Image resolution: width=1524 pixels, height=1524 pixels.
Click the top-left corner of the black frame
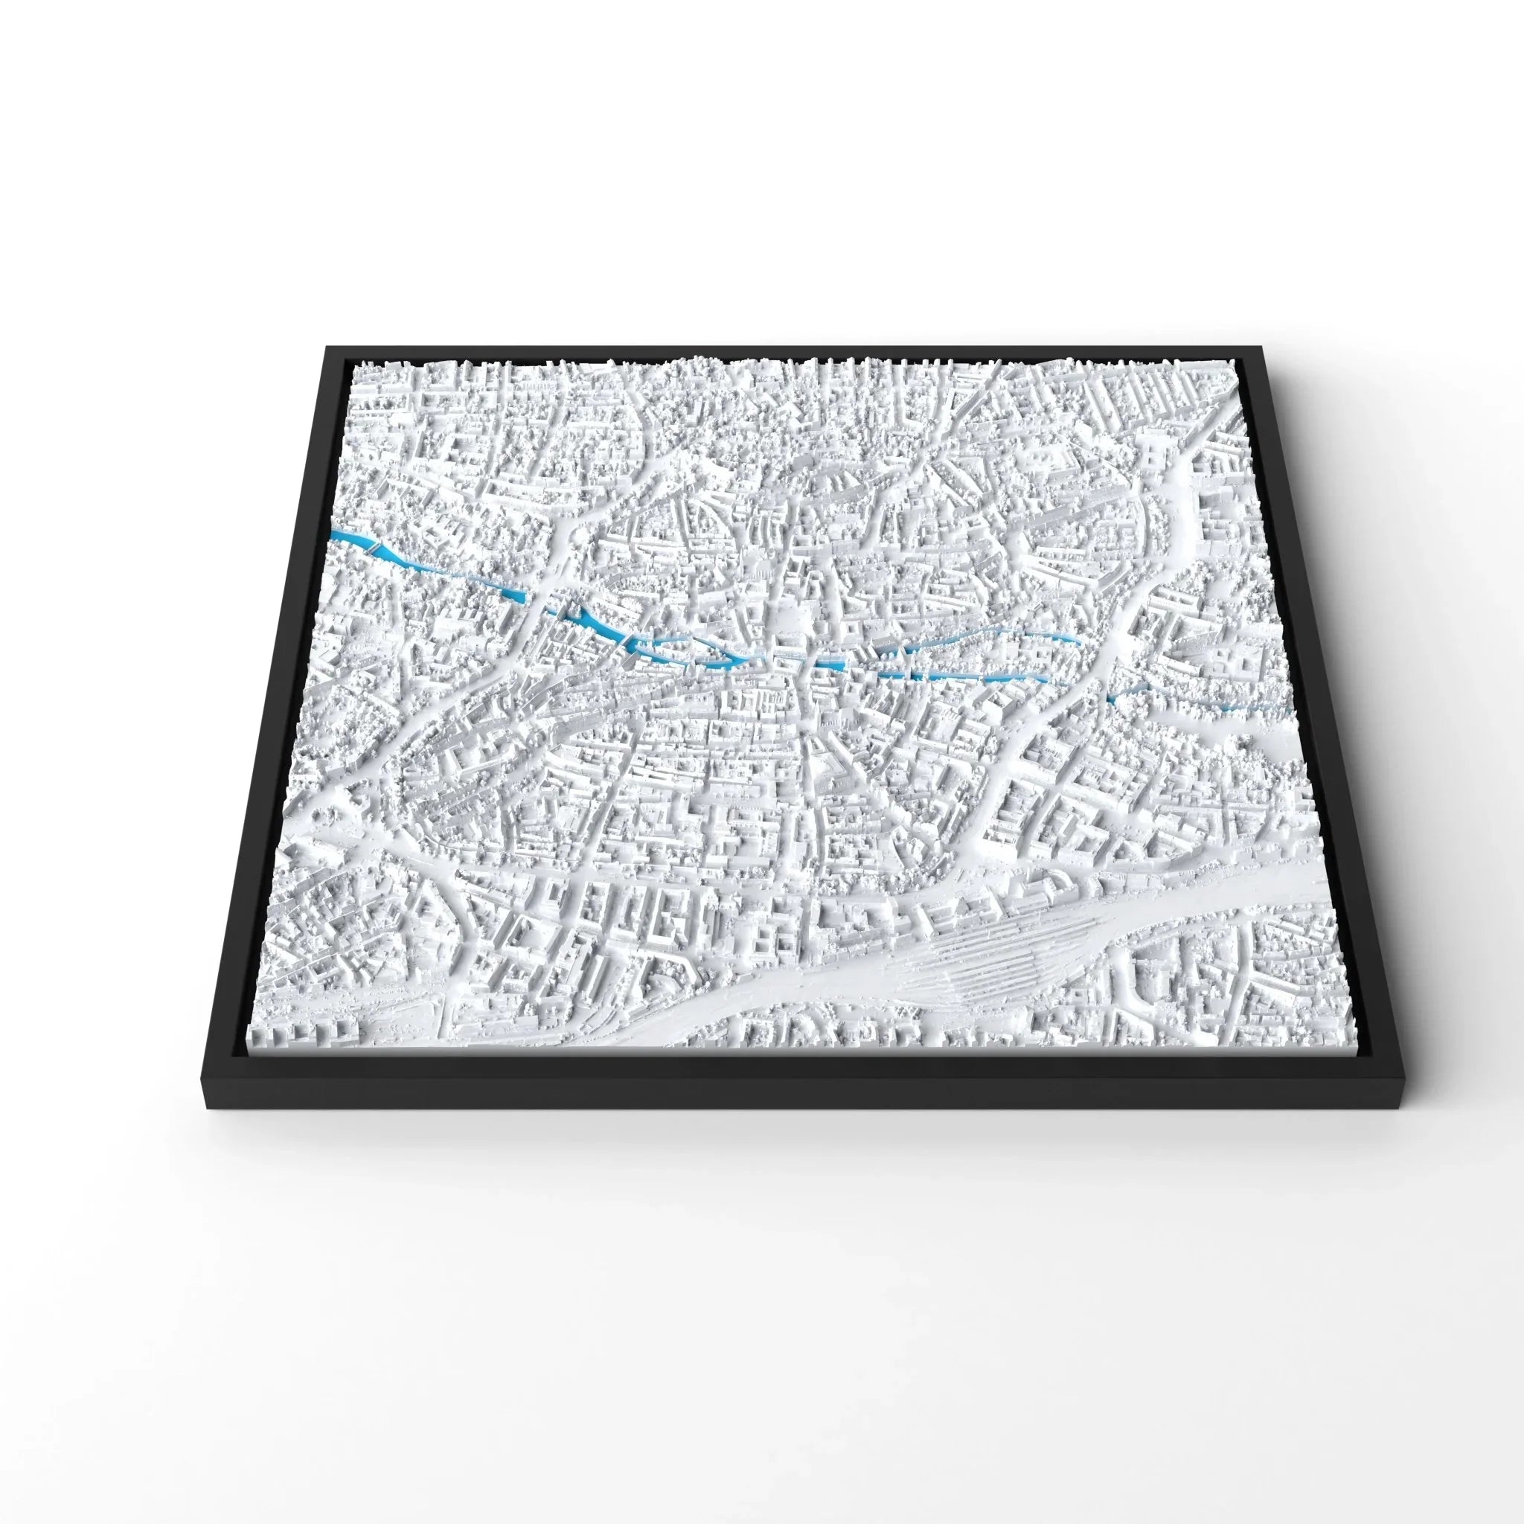[x=326, y=347]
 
